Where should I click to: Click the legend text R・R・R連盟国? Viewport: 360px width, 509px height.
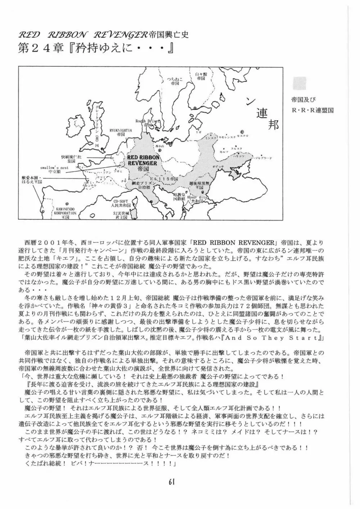312,110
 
